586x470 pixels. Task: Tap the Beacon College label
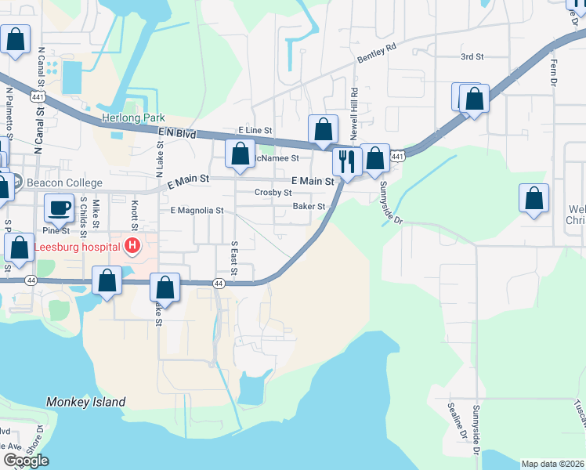pos(64,183)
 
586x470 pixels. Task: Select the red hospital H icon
pos(132,247)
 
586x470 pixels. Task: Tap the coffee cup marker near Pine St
pos(59,208)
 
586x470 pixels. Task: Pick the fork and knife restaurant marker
pos(345,162)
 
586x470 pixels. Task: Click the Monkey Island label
pos(85,402)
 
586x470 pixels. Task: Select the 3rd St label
pos(472,57)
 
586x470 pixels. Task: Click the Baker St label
pos(309,206)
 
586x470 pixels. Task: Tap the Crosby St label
pos(273,192)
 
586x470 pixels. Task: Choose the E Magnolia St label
pos(192,211)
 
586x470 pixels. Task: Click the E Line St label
pos(255,130)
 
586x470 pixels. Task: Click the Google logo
pos(26,461)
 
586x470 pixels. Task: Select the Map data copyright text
pos(552,464)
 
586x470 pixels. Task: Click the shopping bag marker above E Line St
pos(324,130)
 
